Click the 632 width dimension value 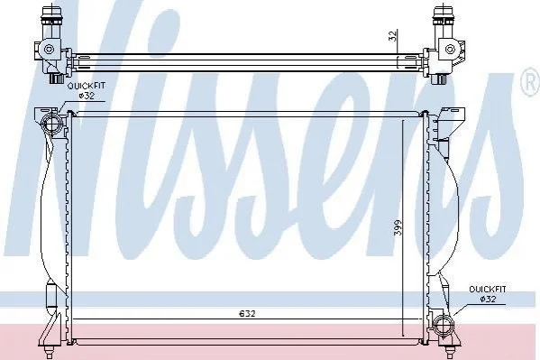(x=248, y=313)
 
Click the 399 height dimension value (x=398, y=227)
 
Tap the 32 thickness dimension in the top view (x=392, y=35)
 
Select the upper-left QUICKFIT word (x=86, y=86)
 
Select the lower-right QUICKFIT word (x=488, y=290)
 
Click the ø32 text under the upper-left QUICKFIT (x=86, y=96)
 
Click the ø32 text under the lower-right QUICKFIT (x=488, y=299)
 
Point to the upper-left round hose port (x=50, y=124)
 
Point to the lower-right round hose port (x=444, y=325)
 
